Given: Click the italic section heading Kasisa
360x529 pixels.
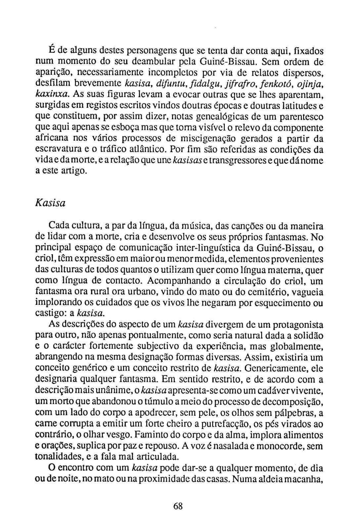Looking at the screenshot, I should [x=50, y=203].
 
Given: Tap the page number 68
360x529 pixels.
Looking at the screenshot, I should [x=178, y=506].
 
